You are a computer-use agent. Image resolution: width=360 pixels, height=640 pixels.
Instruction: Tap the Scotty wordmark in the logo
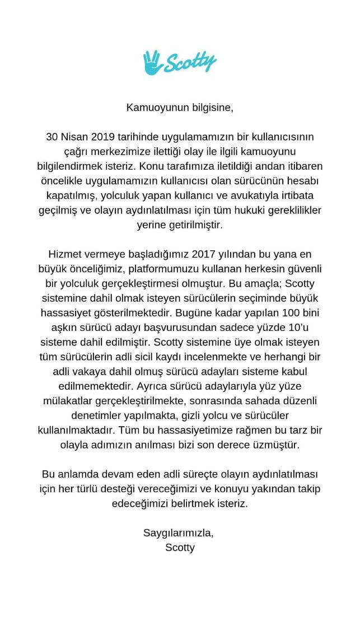point(189,63)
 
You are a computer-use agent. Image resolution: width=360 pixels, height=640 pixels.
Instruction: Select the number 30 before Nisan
point(52,137)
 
